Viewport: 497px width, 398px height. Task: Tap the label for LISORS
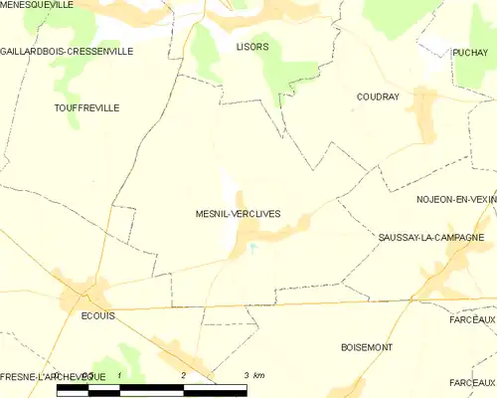click(252, 47)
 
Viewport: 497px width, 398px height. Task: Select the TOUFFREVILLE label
click(86, 105)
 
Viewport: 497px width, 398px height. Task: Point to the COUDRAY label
click(377, 97)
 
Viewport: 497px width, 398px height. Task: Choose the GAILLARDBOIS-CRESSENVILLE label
click(67, 51)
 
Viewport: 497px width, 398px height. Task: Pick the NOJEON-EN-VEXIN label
click(456, 200)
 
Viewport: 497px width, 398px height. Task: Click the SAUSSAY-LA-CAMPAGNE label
click(430, 237)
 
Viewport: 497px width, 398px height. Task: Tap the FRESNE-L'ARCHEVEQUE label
click(53, 375)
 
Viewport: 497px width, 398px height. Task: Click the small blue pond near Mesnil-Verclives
click(252, 247)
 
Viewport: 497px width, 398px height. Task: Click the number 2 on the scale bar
click(183, 375)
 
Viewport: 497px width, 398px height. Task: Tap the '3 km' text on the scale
click(253, 375)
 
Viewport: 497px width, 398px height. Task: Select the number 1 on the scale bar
click(119, 375)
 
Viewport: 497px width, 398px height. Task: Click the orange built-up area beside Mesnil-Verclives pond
click(239, 239)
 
